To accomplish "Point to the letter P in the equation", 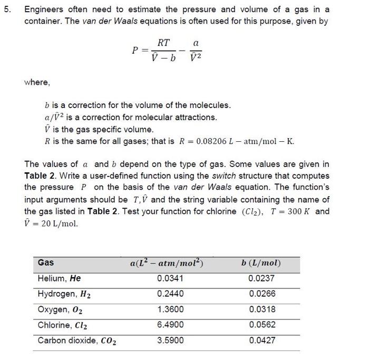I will click(x=135, y=51).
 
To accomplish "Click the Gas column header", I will click(x=46, y=262).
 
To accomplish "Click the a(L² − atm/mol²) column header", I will click(x=167, y=262).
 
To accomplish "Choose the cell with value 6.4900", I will click(x=171, y=325).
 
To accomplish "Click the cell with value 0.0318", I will click(x=262, y=309).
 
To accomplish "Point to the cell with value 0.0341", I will click(x=171, y=278).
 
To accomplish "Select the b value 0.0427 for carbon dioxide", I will click(x=262, y=340).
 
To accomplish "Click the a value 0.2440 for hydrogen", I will click(x=171, y=294).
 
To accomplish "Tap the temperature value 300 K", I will click(x=302, y=211).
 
